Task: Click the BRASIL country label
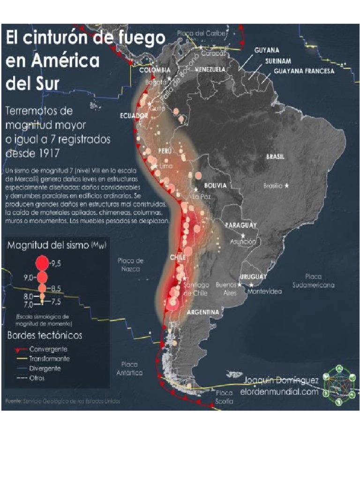tap(276, 157)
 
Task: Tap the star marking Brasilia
tap(287, 186)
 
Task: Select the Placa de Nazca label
tap(130, 265)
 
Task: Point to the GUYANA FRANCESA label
tap(304, 71)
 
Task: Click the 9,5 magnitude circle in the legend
tap(42, 262)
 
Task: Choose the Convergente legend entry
tap(48, 350)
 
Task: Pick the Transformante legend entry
tap(50, 359)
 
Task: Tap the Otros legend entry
tap(37, 378)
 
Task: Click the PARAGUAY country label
tap(242, 225)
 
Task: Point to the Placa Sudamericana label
tap(313, 281)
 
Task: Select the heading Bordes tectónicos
tap(45, 336)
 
